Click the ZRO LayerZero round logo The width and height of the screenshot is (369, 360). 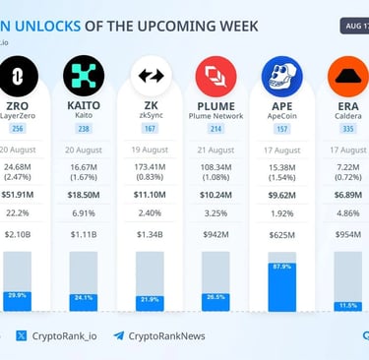19,75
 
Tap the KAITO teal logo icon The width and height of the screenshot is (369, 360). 84,75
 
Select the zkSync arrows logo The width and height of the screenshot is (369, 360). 151,75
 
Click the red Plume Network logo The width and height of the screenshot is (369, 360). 215,75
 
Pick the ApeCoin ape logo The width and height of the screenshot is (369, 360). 281,75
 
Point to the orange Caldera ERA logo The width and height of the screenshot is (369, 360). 347,75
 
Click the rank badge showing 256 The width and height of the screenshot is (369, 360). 18,128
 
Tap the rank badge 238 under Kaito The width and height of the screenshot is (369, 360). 84,128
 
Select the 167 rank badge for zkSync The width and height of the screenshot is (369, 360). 151,128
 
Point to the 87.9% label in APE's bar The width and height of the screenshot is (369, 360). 282,267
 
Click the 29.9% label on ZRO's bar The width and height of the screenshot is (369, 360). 18,295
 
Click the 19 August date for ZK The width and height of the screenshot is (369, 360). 151,150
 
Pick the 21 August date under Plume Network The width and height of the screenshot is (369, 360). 215,150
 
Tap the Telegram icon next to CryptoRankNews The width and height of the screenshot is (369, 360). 119,335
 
